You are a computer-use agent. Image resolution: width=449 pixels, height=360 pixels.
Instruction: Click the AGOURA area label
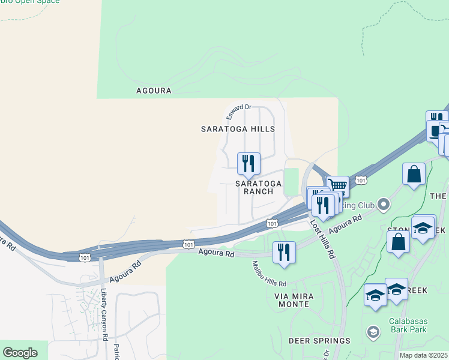pyautogui.click(x=154, y=91)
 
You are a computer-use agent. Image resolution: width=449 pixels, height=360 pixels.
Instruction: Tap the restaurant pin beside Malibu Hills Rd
pyautogui.click(x=284, y=253)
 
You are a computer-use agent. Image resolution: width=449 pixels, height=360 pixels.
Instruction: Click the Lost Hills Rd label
pyautogui.click(x=322, y=238)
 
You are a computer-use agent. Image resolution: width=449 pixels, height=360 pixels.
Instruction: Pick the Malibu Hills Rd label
pyautogui.click(x=269, y=274)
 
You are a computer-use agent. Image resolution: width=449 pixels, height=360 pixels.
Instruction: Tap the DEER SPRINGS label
pyautogui.click(x=319, y=341)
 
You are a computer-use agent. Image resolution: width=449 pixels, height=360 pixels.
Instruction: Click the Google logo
pyautogui.click(x=19, y=353)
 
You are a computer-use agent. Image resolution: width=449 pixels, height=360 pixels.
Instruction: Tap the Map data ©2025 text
pyautogui.click(x=423, y=355)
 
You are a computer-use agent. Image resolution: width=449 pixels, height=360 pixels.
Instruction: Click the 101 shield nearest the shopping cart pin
pyautogui.click(x=361, y=180)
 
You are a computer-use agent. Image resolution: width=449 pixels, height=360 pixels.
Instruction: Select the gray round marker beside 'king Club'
pyautogui.click(x=384, y=206)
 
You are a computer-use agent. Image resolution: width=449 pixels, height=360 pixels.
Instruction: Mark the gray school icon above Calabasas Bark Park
pyautogui.click(x=373, y=332)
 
